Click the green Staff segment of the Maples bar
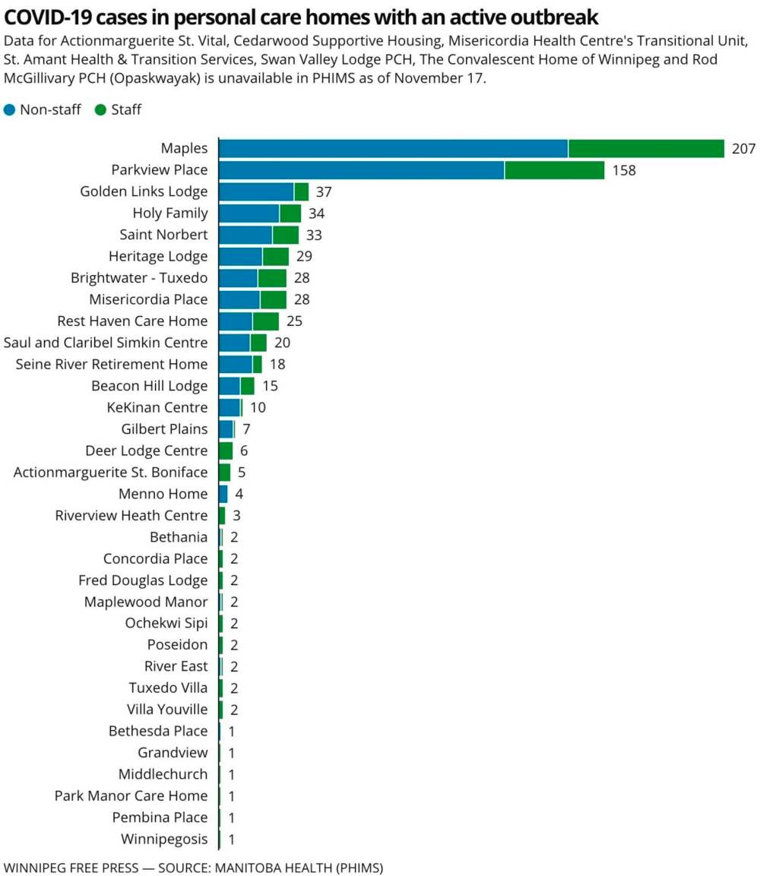646,149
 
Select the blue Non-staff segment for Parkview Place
361,170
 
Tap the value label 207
743,149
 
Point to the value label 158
624,170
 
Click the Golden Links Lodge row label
144,191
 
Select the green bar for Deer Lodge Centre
225,451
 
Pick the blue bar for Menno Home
223,494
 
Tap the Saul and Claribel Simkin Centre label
106,343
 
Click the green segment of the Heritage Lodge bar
275,257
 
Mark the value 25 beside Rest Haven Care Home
294,321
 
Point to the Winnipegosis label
164,840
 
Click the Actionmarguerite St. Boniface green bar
224,473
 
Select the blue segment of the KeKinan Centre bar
230,408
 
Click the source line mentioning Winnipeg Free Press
193,867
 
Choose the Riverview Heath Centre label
131,516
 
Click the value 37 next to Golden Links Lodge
324,191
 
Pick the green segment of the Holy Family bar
290,213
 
